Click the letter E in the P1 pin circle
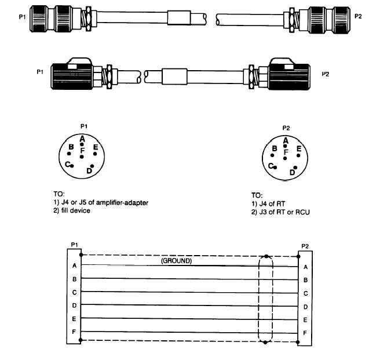[x=96, y=148]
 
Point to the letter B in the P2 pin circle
[x=275, y=149]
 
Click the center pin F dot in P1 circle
[x=83, y=157]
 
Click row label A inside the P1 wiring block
[x=74, y=266]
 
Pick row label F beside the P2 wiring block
[x=305, y=333]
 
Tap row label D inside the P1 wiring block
[x=74, y=306]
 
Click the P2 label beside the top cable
[x=357, y=17]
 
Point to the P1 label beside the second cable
[x=40, y=72]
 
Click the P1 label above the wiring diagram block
[x=74, y=245]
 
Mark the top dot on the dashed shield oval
[x=265, y=256]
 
